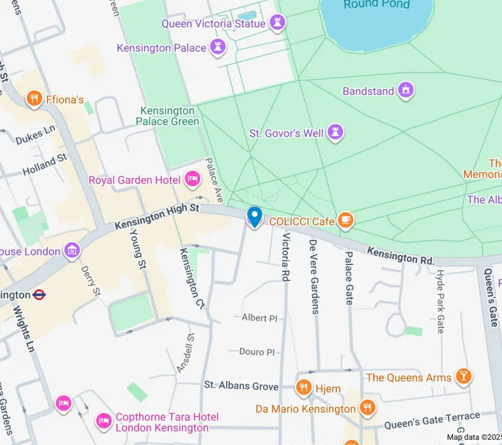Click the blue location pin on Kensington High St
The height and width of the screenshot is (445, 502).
(x=254, y=216)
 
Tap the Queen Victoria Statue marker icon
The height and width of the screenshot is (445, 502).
(x=277, y=24)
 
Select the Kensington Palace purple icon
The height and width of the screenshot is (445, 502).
(x=219, y=48)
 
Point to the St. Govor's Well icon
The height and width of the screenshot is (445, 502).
(x=335, y=133)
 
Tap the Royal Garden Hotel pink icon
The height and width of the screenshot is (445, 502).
(x=192, y=180)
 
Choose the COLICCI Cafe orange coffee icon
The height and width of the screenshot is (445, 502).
(x=345, y=221)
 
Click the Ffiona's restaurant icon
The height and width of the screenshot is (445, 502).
(x=34, y=99)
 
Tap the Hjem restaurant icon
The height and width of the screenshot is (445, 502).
(x=304, y=388)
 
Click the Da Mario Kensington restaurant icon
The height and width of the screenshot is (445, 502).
(x=367, y=408)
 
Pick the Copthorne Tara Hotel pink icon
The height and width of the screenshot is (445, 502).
(x=103, y=421)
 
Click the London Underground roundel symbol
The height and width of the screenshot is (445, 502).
(x=39, y=294)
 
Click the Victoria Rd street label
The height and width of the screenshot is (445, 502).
(x=285, y=257)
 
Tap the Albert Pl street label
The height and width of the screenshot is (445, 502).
(x=260, y=317)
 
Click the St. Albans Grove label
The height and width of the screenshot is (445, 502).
(x=241, y=386)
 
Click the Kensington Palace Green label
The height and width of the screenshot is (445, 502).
(x=169, y=116)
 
